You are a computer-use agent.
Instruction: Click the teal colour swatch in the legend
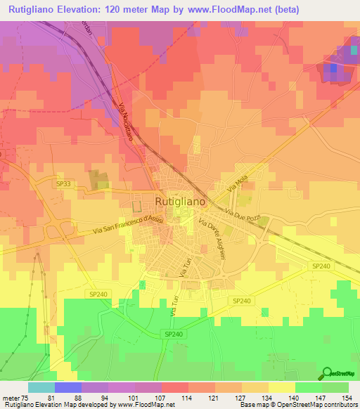41,387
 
